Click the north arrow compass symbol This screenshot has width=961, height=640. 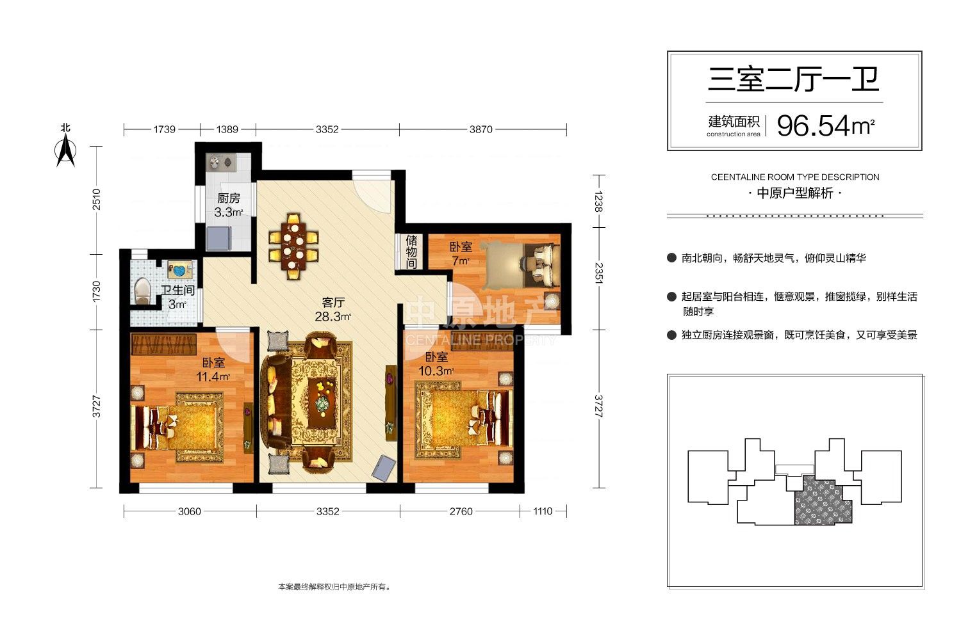point(65,150)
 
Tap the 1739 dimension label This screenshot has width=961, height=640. point(164,129)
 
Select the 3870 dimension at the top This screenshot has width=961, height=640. point(481,129)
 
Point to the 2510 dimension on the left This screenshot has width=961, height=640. point(97,199)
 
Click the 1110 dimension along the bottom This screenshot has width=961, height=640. point(543,511)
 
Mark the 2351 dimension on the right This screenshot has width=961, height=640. point(598,273)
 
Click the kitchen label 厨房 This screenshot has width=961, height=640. point(229,198)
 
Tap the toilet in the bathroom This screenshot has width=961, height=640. point(143,291)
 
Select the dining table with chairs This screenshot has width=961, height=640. point(293,246)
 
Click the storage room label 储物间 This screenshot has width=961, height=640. point(411,252)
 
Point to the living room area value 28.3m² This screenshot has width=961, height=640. point(333,317)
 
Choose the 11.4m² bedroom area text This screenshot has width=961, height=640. point(213,377)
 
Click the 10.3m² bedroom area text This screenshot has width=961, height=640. point(436,371)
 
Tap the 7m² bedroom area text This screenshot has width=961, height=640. point(461,260)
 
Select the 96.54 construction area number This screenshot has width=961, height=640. point(813,126)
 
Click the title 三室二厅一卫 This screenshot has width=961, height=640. point(794,80)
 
